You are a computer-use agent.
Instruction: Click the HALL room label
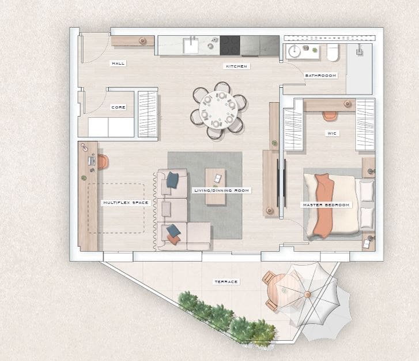[118, 63]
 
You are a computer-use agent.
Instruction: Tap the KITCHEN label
[236, 66]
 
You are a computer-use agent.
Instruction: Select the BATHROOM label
[320, 75]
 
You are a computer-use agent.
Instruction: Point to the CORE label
[118, 107]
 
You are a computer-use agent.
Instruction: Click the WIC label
[331, 133]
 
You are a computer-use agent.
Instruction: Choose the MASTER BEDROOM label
[326, 205]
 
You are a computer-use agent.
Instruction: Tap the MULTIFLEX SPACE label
[126, 203]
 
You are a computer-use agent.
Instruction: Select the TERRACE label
[226, 282]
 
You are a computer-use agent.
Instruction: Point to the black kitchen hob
[230, 44]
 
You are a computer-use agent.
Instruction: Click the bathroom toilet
[333, 53]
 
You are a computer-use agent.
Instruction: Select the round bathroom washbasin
[295, 51]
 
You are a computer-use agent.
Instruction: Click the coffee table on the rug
[216, 186]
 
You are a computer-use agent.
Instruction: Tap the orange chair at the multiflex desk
[103, 162]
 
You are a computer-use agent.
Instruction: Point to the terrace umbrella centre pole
[307, 295]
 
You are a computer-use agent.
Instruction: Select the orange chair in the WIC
[330, 116]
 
